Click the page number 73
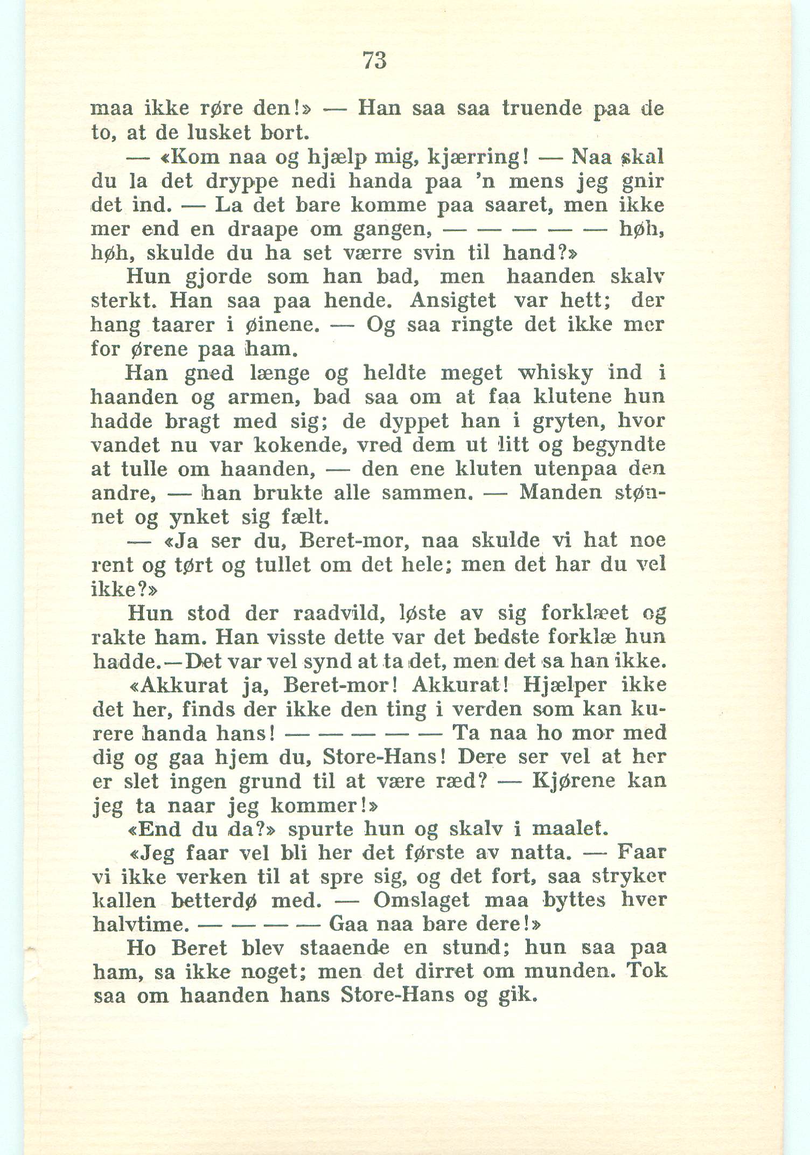click(x=375, y=60)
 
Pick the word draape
click(x=262, y=229)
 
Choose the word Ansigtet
click(x=452, y=300)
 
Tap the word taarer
click(x=184, y=325)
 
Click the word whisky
click(x=555, y=372)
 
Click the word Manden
click(x=560, y=492)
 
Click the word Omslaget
click(x=421, y=901)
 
